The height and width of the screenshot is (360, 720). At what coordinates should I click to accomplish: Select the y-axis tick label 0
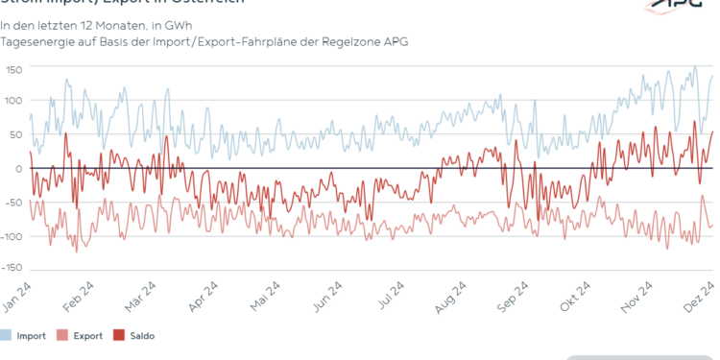17,169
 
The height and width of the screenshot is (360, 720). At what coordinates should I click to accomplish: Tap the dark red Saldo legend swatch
120,336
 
